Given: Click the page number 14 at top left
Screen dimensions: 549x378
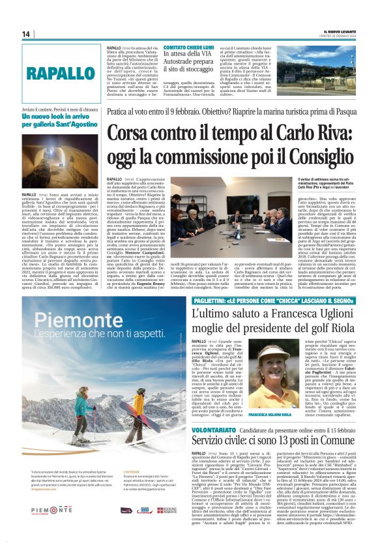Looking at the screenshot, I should point(26,34).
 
